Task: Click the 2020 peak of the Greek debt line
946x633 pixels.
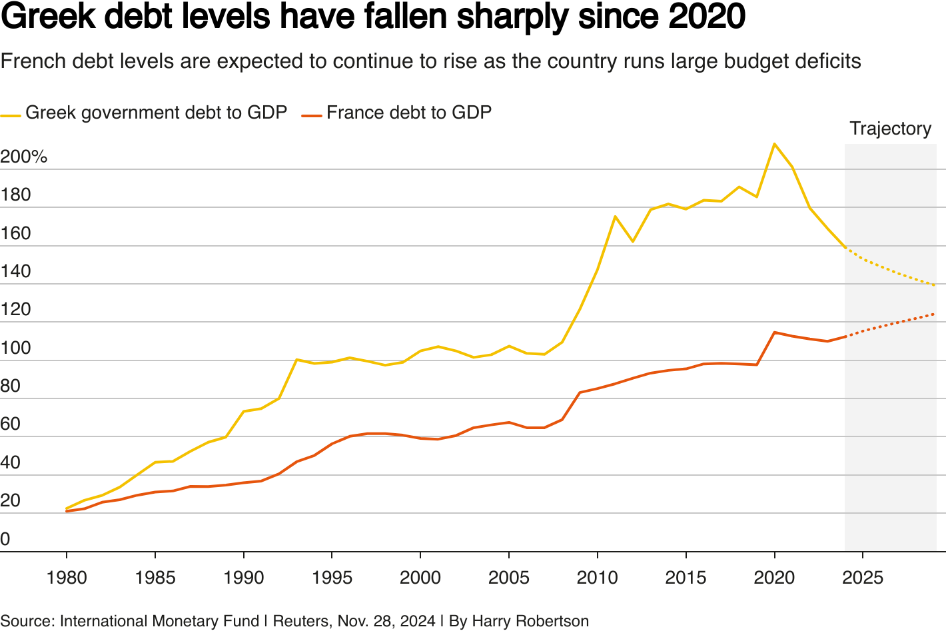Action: [x=774, y=144]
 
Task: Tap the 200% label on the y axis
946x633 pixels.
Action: [x=24, y=157]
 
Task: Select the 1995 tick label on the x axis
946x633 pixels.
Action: [x=332, y=577]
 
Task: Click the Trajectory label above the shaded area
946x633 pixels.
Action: [x=890, y=129]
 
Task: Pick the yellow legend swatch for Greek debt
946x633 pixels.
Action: [x=11, y=115]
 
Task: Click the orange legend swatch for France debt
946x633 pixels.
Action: [x=312, y=115]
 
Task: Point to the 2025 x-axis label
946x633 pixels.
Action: [x=863, y=577]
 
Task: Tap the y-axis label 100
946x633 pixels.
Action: [x=15, y=348]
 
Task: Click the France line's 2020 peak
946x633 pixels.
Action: [x=774, y=332]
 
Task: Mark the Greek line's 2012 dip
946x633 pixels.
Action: [x=633, y=241]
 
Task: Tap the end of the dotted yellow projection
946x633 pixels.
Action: [x=935, y=285]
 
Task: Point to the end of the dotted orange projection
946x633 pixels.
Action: [x=935, y=314]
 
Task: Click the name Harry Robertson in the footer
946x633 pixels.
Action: [x=530, y=621]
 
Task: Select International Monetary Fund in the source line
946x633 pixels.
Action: [x=159, y=621]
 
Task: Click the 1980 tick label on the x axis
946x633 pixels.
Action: [x=67, y=577]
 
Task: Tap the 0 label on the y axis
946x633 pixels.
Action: [x=5, y=539]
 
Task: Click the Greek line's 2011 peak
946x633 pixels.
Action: [x=615, y=217]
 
